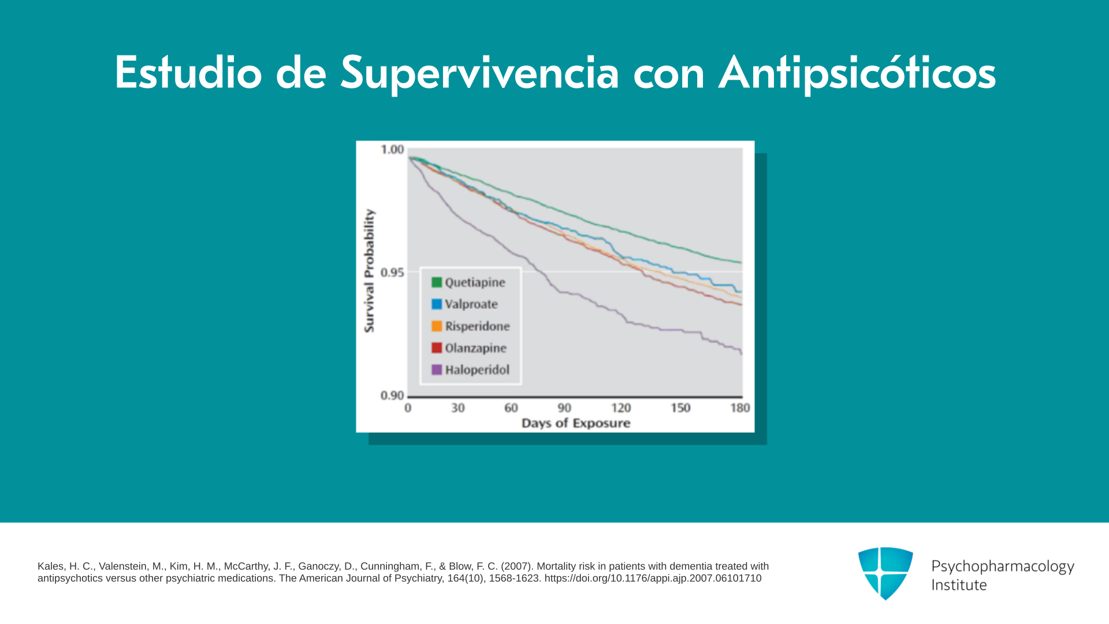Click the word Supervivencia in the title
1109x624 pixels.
click(x=479, y=73)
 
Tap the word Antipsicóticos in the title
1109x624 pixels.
click(x=857, y=73)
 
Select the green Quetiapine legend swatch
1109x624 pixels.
click(x=437, y=283)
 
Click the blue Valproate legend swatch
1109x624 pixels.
click(x=437, y=304)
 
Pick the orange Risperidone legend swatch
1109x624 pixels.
click(x=437, y=326)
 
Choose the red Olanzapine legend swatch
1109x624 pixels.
click(x=437, y=348)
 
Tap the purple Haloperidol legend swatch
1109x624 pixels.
click(x=437, y=370)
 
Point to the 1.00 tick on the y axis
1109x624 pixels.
click(x=392, y=150)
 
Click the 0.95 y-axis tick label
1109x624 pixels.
click(x=392, y=272)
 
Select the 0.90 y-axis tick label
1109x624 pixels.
click(x=392, y=396)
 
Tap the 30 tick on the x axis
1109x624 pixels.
click(x=458, y=408)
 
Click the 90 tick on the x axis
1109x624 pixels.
click(x=564, y=408)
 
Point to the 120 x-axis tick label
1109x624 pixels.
click(x=621, y=408)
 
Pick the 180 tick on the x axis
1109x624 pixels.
click(x=740, y=408)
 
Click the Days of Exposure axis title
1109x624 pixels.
click(x=576, y=424)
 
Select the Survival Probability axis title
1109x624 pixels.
click(x=369, y=271)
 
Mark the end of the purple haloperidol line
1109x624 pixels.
click(x=741, y=352)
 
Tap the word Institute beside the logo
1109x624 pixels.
click(x=959, y=585)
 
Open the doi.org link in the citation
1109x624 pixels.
click(x=653, y=578)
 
